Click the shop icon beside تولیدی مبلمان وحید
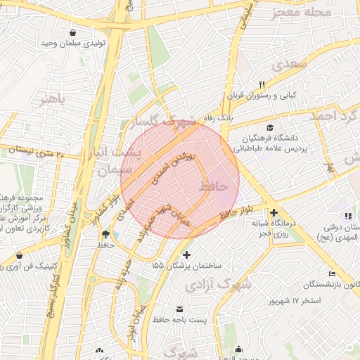pos(74,32)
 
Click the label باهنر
pos(52,98)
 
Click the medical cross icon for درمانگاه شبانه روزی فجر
pos(274,212)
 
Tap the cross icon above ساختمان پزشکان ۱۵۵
pos(186,255)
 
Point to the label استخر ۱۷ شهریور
pos(295,301)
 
